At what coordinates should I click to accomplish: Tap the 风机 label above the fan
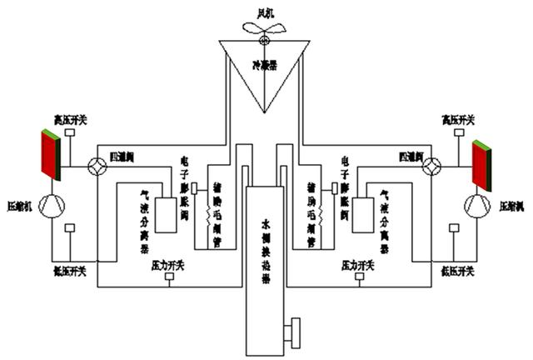click(x=262, y=8)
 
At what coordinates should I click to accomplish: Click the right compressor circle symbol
click(x=477, y=203)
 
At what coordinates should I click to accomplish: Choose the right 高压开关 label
click(x=457, y=120)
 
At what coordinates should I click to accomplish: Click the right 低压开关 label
click(x=456, y=272)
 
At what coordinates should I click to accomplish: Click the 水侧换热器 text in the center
click(x=266, y=227)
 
